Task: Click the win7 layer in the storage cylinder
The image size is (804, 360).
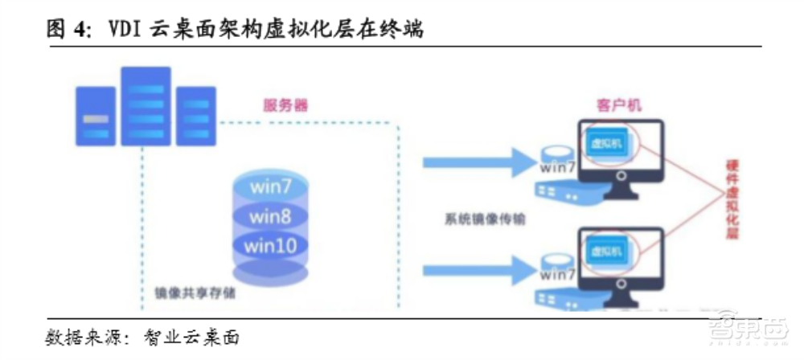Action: point(270,187)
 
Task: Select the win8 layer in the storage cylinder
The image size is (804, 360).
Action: point(270,216)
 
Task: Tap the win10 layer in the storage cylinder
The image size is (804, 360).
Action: point(270,244)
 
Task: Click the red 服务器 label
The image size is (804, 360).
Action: point(285,105)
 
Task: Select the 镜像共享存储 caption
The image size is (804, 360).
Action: point(189,293)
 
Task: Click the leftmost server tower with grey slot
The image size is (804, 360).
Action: point(96,117)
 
